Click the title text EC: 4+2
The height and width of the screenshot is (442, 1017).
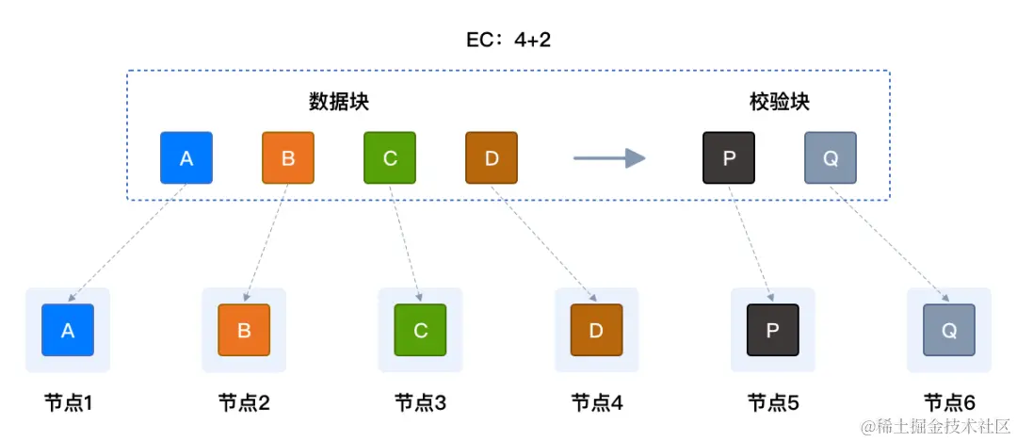[x=508, y=40]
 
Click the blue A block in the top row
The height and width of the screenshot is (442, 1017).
[x=186, y=157]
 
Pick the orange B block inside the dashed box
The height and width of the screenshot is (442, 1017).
[x=287, y=157]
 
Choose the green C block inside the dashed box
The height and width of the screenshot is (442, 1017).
[x=390, y=157]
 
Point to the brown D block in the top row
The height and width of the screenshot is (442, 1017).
[x=491, y=157]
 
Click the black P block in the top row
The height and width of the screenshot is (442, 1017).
[x=729, y=157]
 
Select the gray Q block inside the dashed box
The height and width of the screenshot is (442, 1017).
[x=831, y=157]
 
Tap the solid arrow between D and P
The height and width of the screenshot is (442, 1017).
[x=608, y=158]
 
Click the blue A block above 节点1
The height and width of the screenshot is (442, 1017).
[x=68, y=330]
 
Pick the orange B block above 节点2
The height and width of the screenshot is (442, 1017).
[x=244, y=330]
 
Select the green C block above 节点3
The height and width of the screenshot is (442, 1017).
[x=420, y=330]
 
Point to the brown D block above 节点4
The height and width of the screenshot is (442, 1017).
[x=596, y=330]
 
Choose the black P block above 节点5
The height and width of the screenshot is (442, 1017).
[x=772, y=330]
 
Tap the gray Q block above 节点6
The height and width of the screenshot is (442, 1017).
[x=948, y=330]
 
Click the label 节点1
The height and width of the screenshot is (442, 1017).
[x=68, y=403]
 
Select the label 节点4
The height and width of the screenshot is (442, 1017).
[x=596, y=403]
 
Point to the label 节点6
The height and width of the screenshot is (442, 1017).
[x=948, y=403]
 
